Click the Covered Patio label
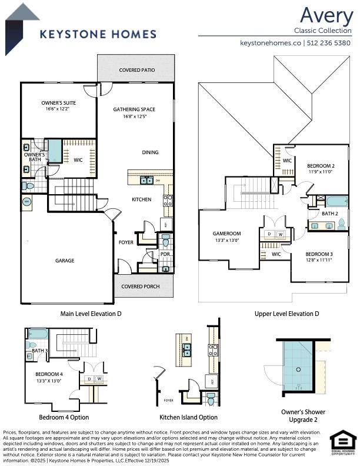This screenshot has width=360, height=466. pos(136,70)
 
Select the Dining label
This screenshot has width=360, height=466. pos(150,152)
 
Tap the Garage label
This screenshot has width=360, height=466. pos(65,260)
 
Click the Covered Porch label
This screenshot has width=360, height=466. pos(139,287)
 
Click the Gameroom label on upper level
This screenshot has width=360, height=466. pos(226,234)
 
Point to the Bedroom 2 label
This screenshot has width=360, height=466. pos(321,167)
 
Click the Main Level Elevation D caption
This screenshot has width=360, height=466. pos(91,314)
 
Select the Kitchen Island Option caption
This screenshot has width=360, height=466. pos(188,417)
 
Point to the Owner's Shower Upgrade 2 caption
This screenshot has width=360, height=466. pos(303,415)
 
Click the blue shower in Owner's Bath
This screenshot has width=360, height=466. pos(54,151)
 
